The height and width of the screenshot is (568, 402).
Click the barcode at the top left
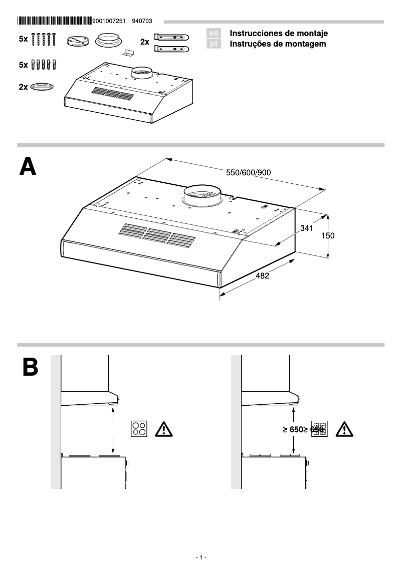(54, 21)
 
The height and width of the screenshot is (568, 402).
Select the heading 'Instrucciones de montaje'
(278, 34)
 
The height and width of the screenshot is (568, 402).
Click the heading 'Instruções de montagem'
(277, 44)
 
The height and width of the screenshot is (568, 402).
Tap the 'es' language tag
(214, 34)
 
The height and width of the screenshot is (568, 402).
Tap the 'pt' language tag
(214, 44)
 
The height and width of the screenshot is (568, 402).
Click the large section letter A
(28, 167)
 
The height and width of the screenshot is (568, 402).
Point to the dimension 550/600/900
(248, 173)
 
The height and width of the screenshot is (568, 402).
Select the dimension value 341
(306, 228)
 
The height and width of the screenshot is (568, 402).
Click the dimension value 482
(262, 275)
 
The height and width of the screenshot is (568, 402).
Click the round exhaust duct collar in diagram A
(202, 196)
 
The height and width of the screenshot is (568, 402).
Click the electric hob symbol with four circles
(139, 429)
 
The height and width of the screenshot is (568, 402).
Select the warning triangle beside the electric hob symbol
(163, 429)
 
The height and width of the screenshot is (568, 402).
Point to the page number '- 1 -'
(200, 557)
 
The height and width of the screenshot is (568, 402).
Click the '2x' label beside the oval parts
(23, 87)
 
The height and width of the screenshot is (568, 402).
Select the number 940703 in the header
(142, 21)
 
